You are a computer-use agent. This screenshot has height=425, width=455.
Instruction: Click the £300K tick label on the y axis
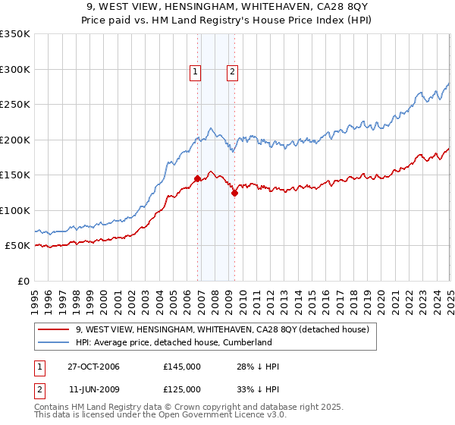point(14,69)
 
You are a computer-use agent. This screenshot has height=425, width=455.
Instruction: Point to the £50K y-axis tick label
point(17,246)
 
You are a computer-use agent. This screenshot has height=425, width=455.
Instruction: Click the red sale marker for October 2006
point(198,178)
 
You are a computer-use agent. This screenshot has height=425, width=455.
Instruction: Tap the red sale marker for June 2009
point(234,193)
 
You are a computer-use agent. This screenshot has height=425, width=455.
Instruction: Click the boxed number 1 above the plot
point(195,72)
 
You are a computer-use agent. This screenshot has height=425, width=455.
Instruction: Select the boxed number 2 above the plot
point(231,72)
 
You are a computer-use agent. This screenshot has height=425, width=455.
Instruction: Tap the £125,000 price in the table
point(182,389)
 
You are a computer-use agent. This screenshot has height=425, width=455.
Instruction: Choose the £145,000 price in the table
point(182,367)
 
